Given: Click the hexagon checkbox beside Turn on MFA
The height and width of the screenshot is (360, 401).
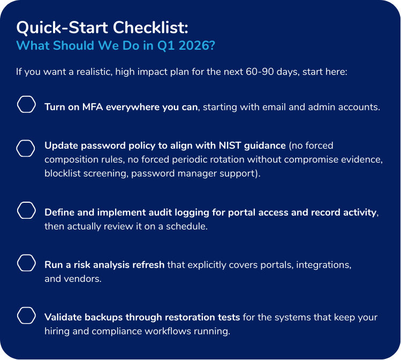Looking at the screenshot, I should click(x=27, y=105).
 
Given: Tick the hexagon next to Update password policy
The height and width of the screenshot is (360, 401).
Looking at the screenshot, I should click(x=27, y=148).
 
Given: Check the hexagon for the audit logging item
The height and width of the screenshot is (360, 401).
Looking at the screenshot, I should click(x=27, y=210).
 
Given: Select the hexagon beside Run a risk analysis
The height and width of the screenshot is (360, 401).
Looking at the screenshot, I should click(x=27, y=263).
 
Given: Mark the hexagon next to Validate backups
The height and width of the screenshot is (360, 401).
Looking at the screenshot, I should click(x=27, y=315).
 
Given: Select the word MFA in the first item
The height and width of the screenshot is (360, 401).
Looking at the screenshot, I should click(x=94, y=106).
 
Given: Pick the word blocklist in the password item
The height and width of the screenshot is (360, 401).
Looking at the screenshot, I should click(x=63, y=174).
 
